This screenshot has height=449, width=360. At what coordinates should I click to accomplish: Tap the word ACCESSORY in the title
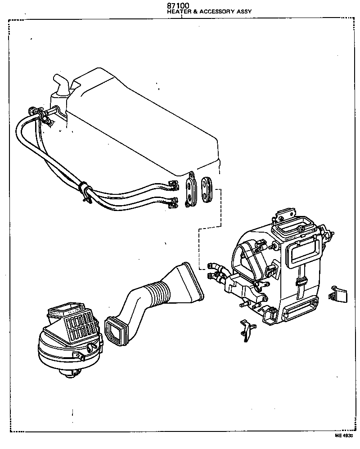pyautogui.click(x=216, y=13)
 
